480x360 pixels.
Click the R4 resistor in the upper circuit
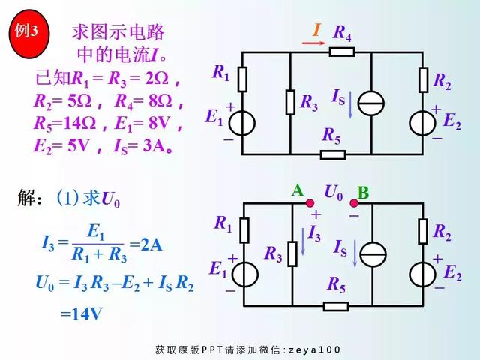point(342,52)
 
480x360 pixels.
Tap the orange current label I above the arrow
point(316,31)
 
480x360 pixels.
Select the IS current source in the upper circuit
point(371,103)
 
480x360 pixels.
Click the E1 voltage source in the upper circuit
point(242,122)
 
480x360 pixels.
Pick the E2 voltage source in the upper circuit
point(424,123)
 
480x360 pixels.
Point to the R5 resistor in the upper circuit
point(332,154)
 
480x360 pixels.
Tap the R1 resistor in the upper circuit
point(242,77)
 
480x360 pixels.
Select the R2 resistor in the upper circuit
point(424,78)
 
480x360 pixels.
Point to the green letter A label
point(298,191)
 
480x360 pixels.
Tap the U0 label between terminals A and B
point(333,193)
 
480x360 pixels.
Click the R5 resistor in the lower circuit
point(335,305)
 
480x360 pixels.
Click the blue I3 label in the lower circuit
point(315,234)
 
